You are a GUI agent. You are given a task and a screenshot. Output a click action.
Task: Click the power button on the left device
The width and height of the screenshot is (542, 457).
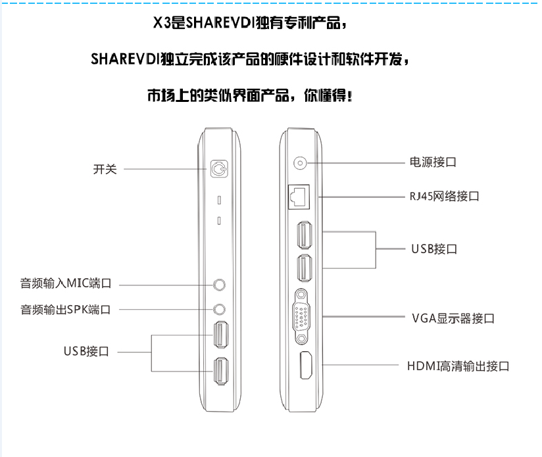click(x=219, y=169)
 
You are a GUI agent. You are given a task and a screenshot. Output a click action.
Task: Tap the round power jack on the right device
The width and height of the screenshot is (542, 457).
click(x=300, y=162)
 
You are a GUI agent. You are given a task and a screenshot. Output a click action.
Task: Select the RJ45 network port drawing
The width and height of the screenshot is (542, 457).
click(x=299, y=197)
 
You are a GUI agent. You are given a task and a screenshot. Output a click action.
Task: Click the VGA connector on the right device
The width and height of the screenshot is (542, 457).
click(x=301, y=316)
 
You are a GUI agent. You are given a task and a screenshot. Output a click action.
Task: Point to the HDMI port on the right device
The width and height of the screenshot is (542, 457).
click(x=306, y=365)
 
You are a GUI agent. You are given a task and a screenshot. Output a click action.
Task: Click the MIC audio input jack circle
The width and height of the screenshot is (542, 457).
click(x=219, y=285)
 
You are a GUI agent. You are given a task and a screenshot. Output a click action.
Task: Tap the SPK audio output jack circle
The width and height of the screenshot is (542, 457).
click(x=219, y=309)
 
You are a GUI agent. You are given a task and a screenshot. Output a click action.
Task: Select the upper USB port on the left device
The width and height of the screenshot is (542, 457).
click(x=221, y=335)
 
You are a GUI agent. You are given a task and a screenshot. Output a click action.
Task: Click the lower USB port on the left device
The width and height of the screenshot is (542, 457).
click(x=221, y=371)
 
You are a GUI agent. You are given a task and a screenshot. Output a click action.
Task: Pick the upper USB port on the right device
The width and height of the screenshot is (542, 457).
click(x=305, y=235)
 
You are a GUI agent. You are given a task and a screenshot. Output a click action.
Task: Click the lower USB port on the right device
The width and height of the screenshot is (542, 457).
click(x=305, y=268)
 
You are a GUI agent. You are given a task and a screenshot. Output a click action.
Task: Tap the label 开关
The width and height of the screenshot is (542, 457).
click(x=105, y=169)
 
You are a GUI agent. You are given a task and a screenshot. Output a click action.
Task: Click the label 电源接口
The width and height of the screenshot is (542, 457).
click(x=433, y=162)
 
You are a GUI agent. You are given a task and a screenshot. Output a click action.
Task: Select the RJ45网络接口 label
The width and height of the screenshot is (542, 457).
click(x=444, y=197)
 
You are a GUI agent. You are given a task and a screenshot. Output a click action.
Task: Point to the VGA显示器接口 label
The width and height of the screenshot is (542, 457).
click(x=453, y=318)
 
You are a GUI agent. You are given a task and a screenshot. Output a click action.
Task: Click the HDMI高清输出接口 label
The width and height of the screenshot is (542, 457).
click(x=458, y=366)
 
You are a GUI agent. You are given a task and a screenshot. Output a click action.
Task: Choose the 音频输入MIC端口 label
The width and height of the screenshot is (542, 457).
click(x=66, y=283)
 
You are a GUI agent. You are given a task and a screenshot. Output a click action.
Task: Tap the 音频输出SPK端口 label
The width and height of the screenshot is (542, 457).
click(x=66, y=310)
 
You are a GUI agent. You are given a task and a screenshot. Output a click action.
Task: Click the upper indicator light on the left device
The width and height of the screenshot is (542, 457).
click(x=219, y=200)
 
